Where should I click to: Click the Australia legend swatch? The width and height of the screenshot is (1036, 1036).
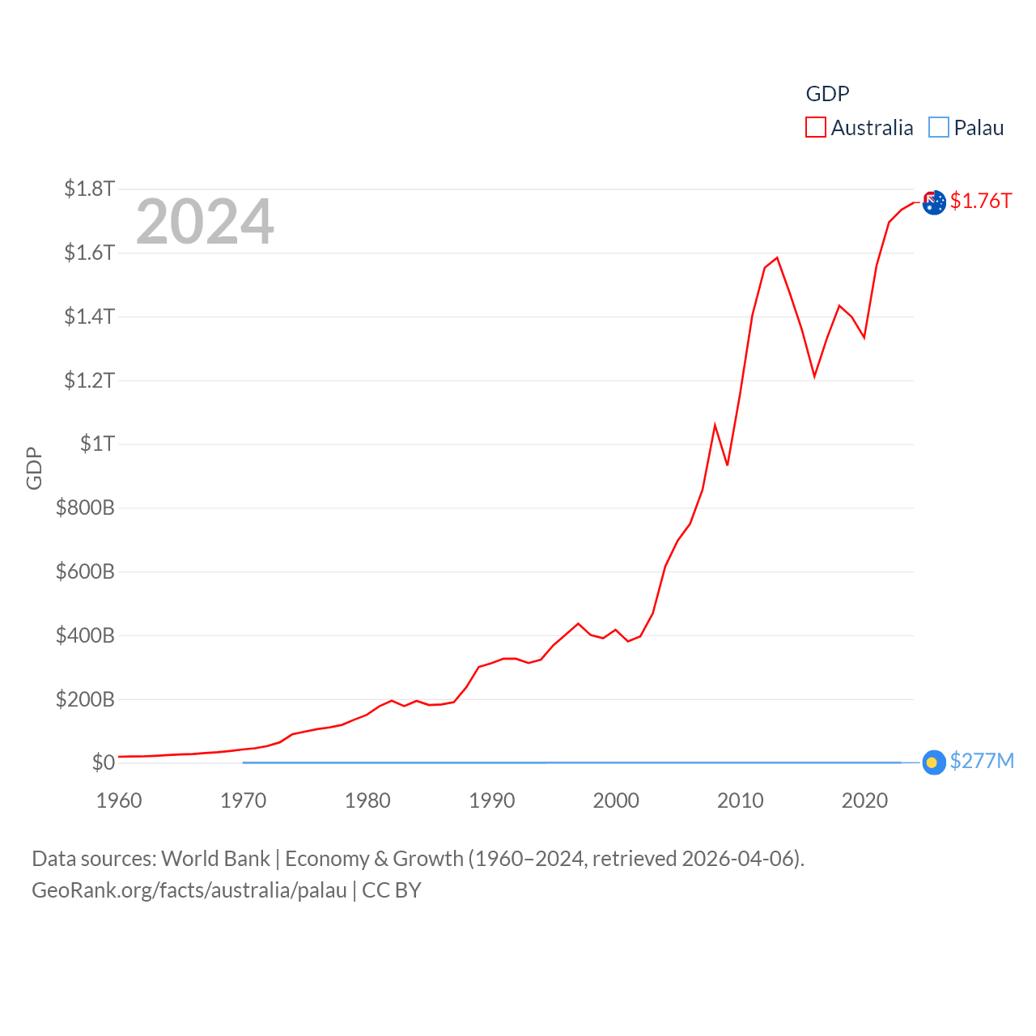[x=816, y=128]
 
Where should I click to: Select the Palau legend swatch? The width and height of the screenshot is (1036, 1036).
[x=939, y=128]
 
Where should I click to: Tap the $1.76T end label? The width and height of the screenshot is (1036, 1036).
[x=981, y=201]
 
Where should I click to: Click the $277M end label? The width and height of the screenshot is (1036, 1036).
[x=982, y=761]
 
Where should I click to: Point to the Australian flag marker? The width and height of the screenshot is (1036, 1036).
[x=934, y=202]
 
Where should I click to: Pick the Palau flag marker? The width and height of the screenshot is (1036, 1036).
[x=933, y=762]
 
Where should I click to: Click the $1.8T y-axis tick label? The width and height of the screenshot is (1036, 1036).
[x=89, y=189]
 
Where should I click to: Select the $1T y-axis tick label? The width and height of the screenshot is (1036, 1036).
[x=97, y=444]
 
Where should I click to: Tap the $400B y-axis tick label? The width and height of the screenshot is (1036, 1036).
[x=85, y=635]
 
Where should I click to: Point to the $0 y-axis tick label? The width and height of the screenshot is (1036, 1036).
[x=103, y=762]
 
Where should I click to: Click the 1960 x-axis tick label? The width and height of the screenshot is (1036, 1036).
[x=119, y=800]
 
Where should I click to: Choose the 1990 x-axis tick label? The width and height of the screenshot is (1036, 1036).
[x=492, y=800]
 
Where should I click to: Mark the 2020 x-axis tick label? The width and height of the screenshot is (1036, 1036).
[x=864, y=800]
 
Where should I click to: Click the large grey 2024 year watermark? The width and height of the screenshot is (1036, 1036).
[x=205, y=222]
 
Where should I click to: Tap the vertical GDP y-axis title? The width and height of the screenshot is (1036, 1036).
[x=34, y=468]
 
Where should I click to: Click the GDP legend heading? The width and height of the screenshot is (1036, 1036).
[x=827, y=94]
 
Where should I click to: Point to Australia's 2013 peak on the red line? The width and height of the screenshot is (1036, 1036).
[x=777, y=258]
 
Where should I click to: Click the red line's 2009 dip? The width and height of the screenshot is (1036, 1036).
[x=728, y=465]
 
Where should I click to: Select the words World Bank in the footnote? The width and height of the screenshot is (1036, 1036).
[x=216, y=858]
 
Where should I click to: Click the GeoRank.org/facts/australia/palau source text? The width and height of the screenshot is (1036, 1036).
[x=189, y=890]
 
